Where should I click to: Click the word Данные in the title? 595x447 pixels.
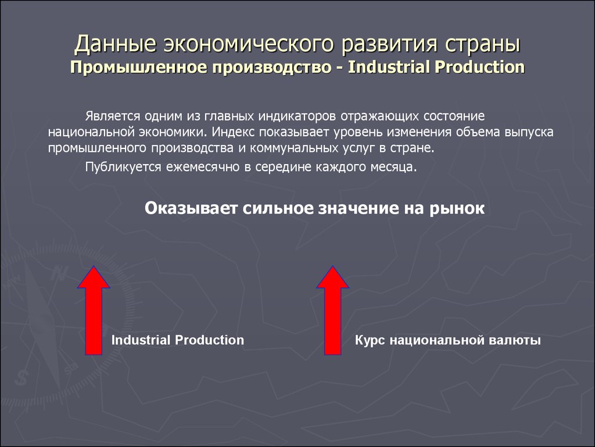click(116, 44)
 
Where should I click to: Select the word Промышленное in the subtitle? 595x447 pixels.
click(138, 68)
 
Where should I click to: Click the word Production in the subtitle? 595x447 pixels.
click(479, 67)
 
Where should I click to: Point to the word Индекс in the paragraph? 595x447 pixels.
click(233, 132)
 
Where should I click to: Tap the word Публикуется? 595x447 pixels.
click(123, 167)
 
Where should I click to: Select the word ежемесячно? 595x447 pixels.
click(203, 167)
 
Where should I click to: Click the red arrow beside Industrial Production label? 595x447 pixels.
click(94, 310)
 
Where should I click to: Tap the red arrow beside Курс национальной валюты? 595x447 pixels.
click(332, 310)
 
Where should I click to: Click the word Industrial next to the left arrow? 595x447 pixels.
click(140, 340)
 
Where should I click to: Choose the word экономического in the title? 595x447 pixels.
click(249, 44)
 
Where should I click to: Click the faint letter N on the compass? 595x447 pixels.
click(59, 272)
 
